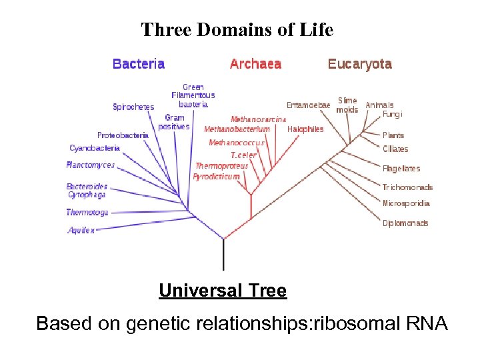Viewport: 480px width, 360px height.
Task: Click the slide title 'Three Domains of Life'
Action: pos(237,30)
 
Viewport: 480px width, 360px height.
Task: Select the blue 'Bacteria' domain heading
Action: pos(139,64)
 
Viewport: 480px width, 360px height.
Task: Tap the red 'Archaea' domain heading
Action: pos(255,64)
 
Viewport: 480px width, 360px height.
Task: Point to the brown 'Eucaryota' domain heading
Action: pos(359,64)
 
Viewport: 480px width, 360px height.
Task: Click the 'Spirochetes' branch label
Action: pos(133,107)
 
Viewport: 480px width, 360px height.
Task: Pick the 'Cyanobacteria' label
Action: pos(95,148)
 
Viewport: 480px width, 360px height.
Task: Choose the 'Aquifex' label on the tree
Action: pos(81,230)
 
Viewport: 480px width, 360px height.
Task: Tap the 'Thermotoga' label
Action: pos(87,213)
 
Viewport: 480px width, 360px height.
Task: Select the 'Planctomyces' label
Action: pos(91,165)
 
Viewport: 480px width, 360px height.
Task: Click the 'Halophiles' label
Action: pos(305,129)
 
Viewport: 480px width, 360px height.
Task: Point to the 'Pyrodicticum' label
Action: pos(216,177)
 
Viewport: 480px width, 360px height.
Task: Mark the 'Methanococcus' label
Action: pos(237,143)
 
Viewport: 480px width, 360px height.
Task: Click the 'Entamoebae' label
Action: pos(308,105)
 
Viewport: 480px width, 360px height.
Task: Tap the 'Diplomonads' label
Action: pos(405,223)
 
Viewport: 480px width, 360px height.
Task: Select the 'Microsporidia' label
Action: pos(406,203)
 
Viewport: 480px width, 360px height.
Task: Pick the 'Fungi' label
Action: pos(393,114)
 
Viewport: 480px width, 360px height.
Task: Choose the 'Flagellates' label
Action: pos(401,169)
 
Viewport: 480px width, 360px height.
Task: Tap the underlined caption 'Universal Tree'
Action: pos(223,291)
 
